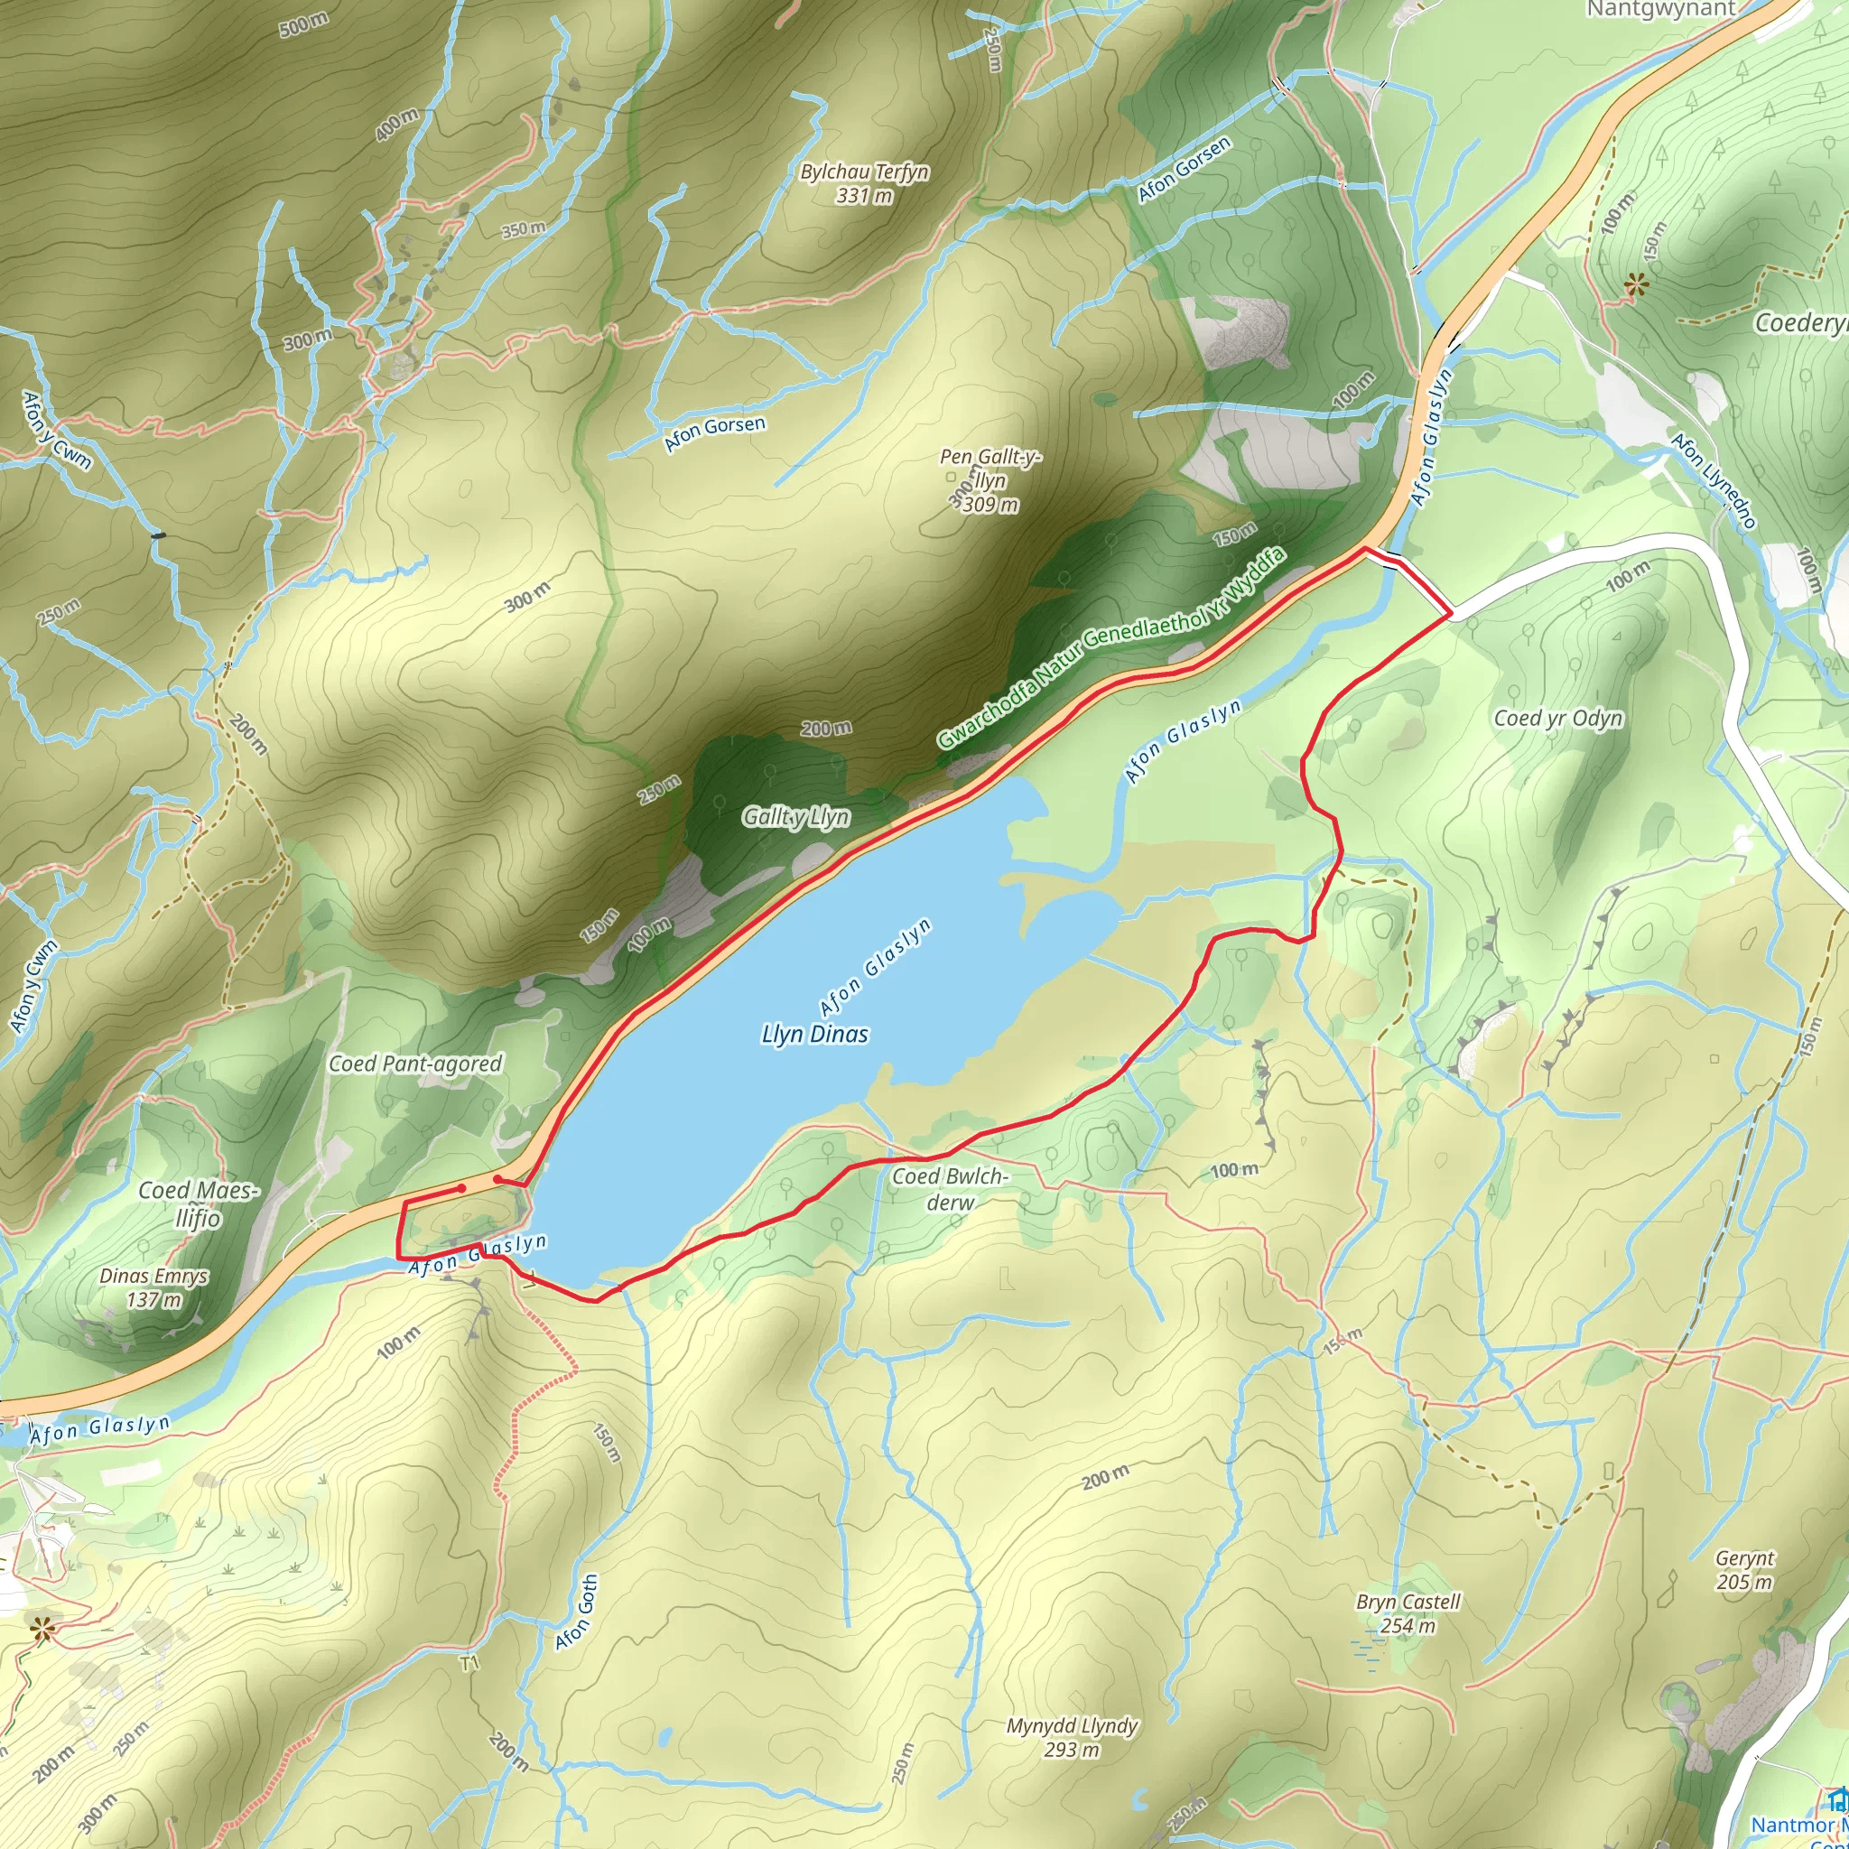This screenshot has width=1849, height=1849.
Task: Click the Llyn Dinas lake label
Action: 814,1034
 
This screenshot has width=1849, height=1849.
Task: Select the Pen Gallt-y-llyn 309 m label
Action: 990,480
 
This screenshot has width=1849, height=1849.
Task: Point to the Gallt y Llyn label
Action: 796,816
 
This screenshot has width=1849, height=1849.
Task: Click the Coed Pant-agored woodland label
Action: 415,1064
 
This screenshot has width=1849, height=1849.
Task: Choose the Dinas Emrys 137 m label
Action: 153,1287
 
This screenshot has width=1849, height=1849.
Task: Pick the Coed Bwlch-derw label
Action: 950,1189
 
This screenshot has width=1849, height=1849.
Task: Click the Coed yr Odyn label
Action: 1558,718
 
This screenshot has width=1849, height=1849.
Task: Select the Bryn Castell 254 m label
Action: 1408,1613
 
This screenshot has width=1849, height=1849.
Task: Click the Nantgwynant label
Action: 1660,10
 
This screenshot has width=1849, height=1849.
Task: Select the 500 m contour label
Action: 304,25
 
